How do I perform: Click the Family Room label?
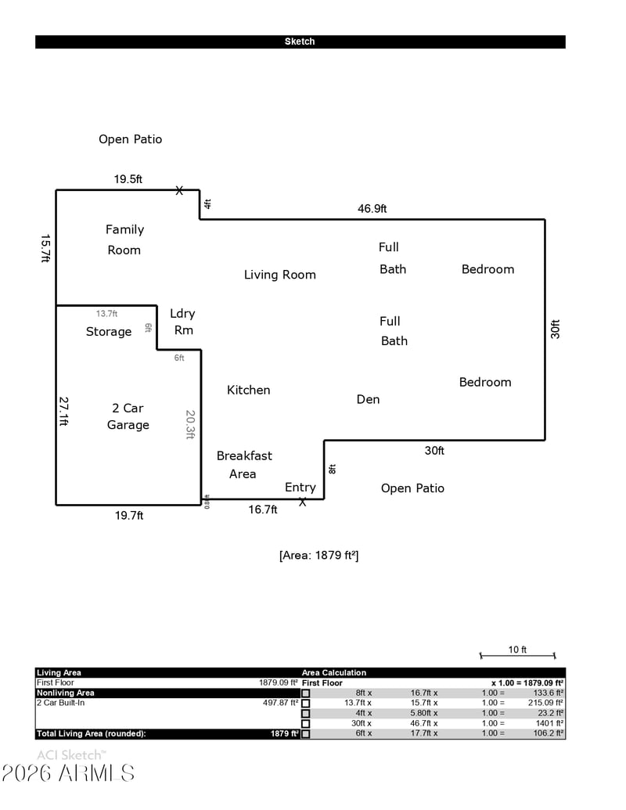pyautogui.click(x=124, y=239)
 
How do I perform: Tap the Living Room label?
pyautogui.click(x=279, y=275)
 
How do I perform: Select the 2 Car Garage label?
pyautogui.click(x=128, y=416)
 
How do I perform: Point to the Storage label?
pyautogui.click(x=109, y=332)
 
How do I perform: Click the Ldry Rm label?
pyautogui.click(x=182, y=322)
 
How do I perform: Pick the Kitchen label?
pyautogui.click(x=249, y=390)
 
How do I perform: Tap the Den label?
pyautogui.click(x=368, y=399)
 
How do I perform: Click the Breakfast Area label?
pyautogui.click(x=244, y=465)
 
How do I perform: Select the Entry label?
pyautogui.click(x=300, y=488)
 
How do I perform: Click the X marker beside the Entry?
pyautogui.click(x=303, y=502)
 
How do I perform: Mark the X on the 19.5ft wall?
pyautogui.click(x=179, y=190)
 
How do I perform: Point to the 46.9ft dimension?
pyautogui.click(x=372, y=209)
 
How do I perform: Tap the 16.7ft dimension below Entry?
pyautogui.click(x=263, y=509)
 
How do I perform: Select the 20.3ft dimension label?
pyautogui.click(x=189, y=424)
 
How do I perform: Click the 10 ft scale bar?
pyautogui.click(x=517, y=655)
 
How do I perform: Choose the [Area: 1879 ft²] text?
pyautogui.click(x=318, y=556)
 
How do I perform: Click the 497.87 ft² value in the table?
pyautogui.click(x=279, y=703)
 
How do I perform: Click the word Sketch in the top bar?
pyautogui.click(x=300, y=41)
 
